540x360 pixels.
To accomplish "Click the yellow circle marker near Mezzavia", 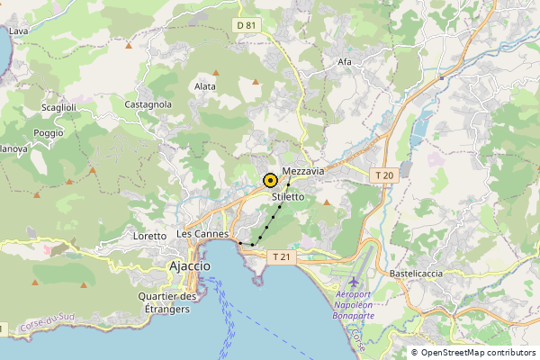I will [x=270, y=180].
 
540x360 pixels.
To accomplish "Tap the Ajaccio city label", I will [x=190, y=266].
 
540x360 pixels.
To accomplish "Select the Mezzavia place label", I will [x=303, y=171].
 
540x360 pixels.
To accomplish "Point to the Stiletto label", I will [x=288, y=196].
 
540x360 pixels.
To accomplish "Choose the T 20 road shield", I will [x=384, y=175].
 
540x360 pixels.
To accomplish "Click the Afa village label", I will [x=344, y=62].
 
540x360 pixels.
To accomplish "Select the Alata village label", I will [x=205, y=86].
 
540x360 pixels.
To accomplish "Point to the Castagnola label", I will [x=148, y=104].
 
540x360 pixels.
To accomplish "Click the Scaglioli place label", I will [x=58, y=108].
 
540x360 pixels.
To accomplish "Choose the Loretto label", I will [x=149, y=236].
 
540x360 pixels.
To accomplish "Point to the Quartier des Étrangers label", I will [x=168, y=303].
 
